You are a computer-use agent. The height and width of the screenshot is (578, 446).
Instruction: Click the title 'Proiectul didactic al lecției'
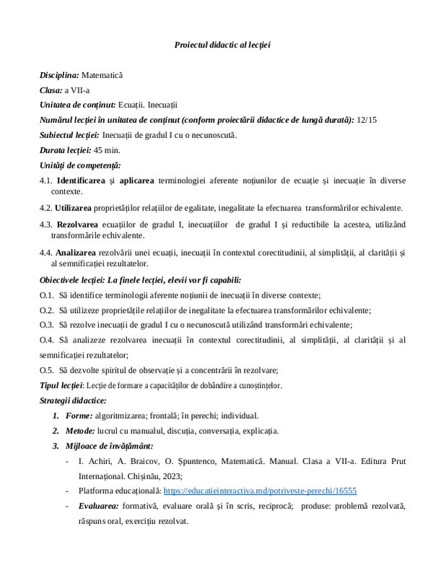tap(222, 45)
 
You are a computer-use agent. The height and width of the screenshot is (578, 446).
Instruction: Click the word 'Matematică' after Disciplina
tap(102, 74)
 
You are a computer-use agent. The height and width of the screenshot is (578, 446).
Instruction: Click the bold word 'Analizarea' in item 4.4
tap(77, 252)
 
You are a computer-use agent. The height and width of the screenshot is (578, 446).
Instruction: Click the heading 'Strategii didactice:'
tap(73, 400)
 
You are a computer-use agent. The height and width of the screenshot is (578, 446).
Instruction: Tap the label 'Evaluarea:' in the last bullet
tap(98, 506)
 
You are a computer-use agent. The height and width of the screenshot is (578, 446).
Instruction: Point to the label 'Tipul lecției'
tap(61, 384)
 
